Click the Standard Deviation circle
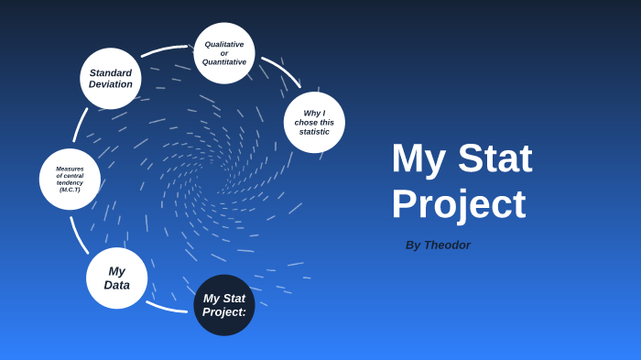pos(111,79)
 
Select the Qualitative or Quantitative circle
pos(224,53)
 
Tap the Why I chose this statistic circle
pos(314,122)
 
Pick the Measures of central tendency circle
pos(70,179)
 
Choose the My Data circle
pos(116,278)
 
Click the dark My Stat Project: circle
pos(224,305)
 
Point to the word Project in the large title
pos(458,203)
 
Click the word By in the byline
pos(413,245)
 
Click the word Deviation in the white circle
pos(111,84)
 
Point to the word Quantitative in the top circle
pos(224,62)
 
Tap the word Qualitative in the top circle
pos(224,44)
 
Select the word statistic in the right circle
pos(314,131)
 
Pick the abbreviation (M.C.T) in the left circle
pos(70,190)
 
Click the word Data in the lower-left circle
pos(116,285)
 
